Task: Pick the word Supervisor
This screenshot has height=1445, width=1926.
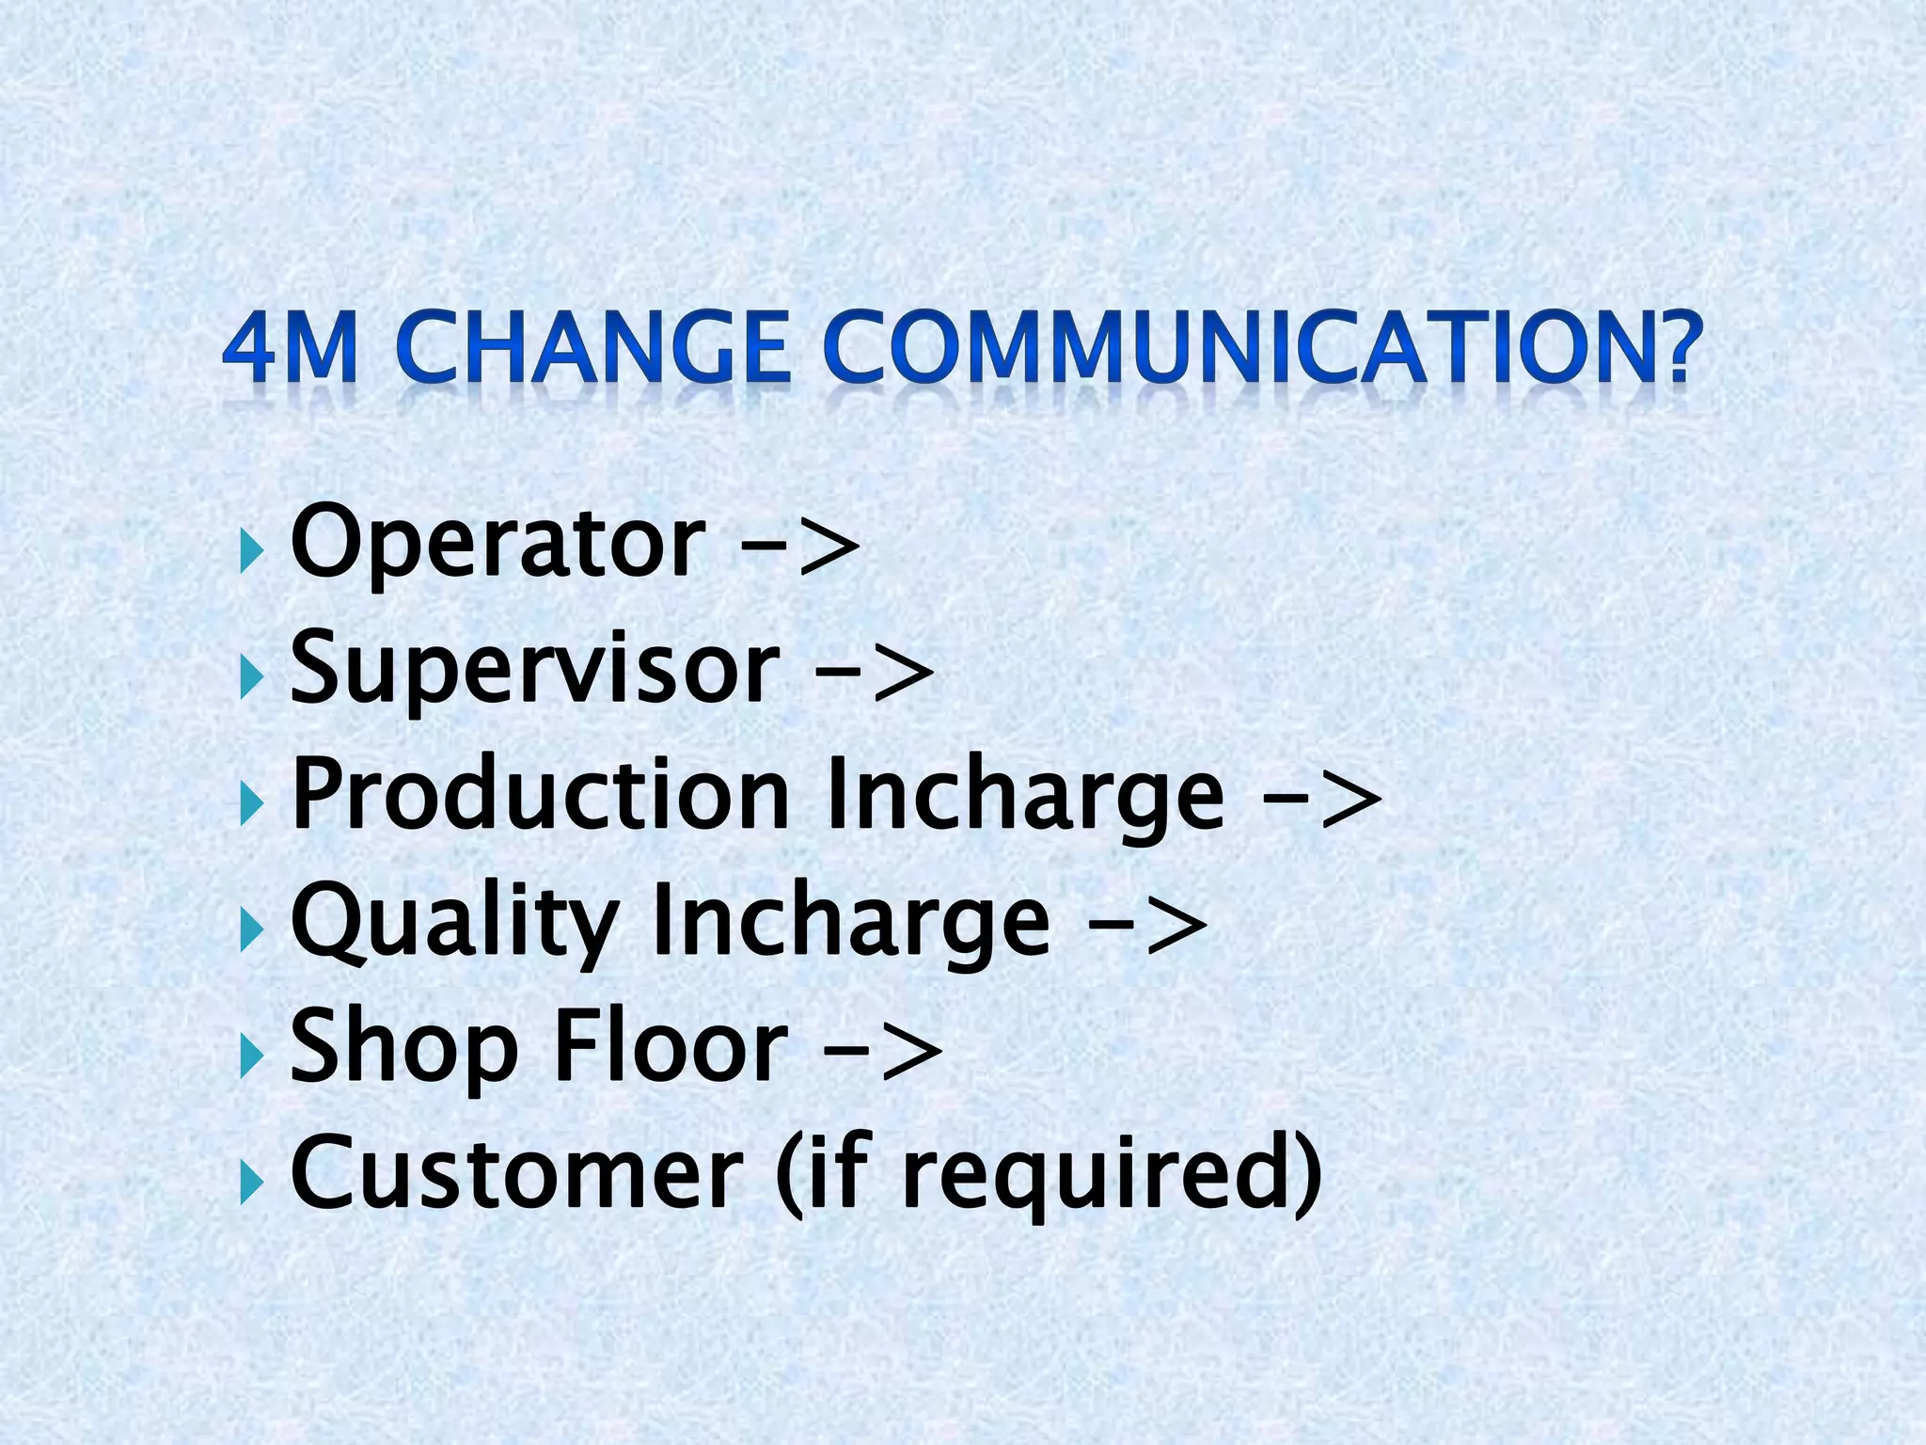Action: pos(535,670)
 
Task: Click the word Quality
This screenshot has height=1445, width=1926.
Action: pos(454,924)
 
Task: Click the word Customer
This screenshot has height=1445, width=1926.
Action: pos(516,1173)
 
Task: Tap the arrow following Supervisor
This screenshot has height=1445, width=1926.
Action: pos(875,674)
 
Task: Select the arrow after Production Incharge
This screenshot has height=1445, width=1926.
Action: pos(1322,800)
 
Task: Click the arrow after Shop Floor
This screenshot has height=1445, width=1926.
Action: pos(883,1052)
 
